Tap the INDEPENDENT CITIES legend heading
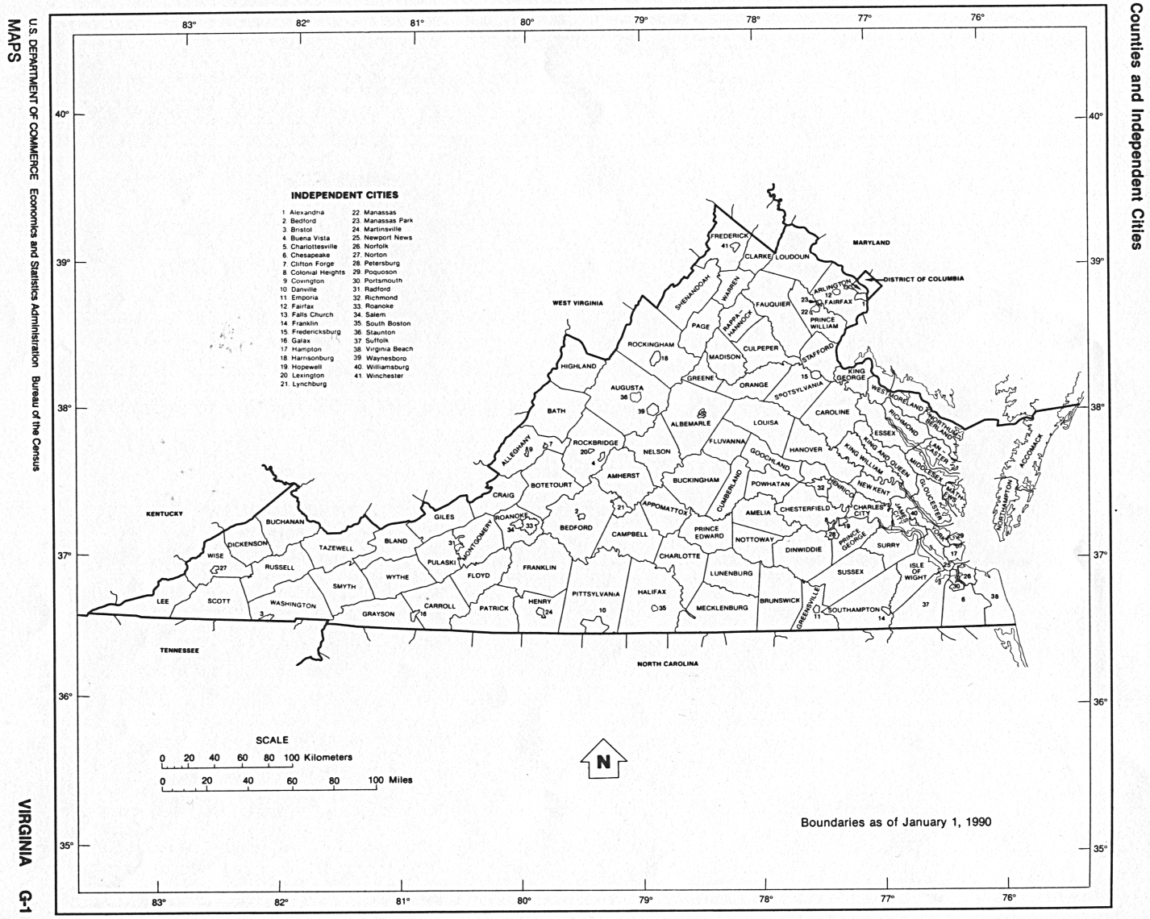344,195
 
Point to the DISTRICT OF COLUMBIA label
923,279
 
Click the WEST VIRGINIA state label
578,303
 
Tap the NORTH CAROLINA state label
667,663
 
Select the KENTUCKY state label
165,514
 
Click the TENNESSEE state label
179,650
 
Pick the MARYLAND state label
871,242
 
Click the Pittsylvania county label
596,593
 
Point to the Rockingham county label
651,344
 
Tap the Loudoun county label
791,256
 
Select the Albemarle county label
690,422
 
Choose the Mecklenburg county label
722,608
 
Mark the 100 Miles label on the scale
390,780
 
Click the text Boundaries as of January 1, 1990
895,822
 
